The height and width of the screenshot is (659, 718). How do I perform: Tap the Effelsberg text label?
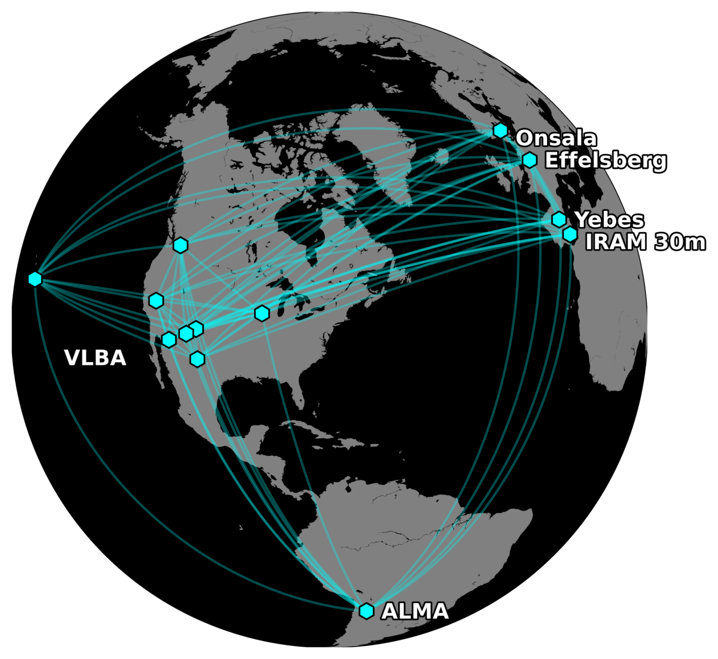click(605, 160)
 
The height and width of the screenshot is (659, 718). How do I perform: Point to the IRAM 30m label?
click(645, 242)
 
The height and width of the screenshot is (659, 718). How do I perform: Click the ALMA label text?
click(415, 611)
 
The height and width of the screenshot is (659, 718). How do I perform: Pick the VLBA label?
click(95, 358)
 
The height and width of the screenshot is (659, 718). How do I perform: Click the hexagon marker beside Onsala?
click(500, 131)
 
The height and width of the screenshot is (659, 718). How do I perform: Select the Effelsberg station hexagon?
click(530, 160)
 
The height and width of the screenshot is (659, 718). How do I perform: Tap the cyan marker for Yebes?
click(559, 220)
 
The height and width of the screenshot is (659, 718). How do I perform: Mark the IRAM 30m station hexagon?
click(570, 234)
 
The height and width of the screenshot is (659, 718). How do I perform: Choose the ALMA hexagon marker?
click(366, 611)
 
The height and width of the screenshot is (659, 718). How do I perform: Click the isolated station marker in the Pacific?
click(35, 279)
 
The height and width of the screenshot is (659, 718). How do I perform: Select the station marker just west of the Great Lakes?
click(262, 313)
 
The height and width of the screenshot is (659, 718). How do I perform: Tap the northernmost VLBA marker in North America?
click(181, 245)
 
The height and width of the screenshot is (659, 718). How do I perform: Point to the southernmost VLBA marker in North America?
click(198, 359)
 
